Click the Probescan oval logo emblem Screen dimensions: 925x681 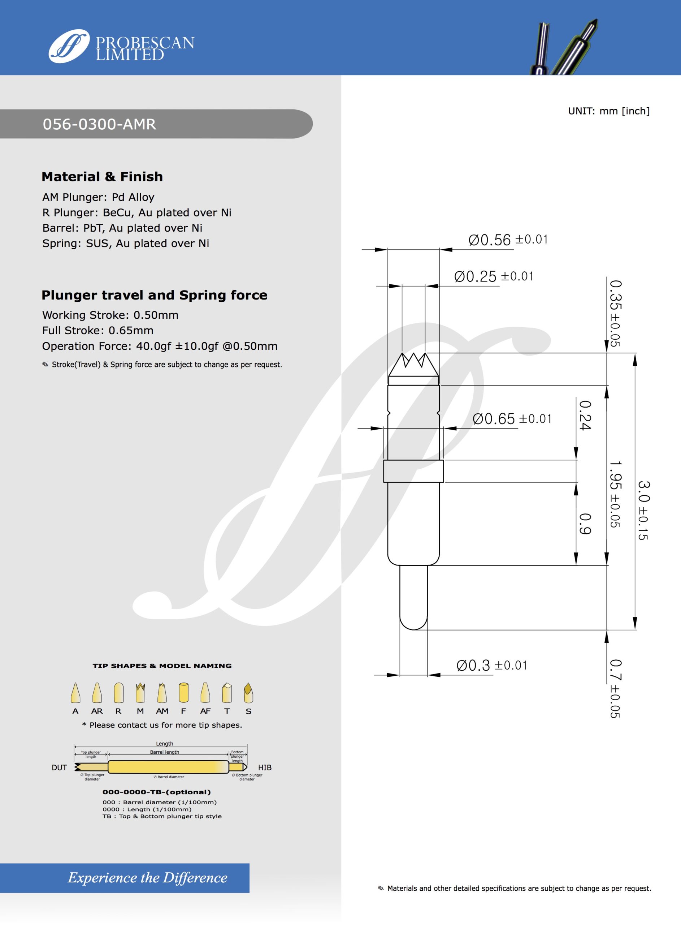pos(69,46)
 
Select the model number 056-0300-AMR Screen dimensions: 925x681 pos(99,124)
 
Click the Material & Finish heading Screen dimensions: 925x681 pos(102,176)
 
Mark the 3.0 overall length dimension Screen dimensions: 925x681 pos(643,510)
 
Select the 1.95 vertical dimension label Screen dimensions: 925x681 pos(615,493)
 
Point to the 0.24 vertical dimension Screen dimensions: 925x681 pos(585,415)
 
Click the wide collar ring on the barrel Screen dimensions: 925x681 pos(413,471)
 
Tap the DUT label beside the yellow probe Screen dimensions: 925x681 pos(59,767)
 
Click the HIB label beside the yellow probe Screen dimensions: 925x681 pos(265,767)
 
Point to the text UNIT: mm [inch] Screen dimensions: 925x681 pos(608,111)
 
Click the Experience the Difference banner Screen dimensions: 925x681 pos(147,878)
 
